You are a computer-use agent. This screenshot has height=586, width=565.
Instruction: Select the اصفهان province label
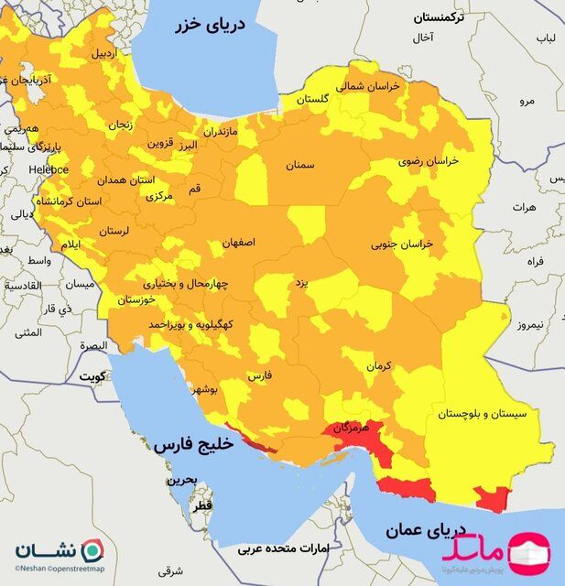(x=238, y=244)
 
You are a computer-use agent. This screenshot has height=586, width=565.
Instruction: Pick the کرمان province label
(x=379, y=366)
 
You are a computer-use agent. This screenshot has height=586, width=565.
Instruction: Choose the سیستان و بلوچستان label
(x=483, y=414)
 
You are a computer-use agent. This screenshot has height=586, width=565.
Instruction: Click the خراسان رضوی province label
(x=429, y=160)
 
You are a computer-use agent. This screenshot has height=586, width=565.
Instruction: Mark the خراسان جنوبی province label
(x=401, y=244)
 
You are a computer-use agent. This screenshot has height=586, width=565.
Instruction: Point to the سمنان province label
(x=299, y=166)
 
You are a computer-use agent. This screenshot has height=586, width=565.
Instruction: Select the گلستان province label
(x=313, y=99)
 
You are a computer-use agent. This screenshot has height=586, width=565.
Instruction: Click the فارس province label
(x=261, y=375)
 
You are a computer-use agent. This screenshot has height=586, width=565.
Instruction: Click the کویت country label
(x=92, y=376)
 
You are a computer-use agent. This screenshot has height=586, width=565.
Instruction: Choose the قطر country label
(x=201, y=505)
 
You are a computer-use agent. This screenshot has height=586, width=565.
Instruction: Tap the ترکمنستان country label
(x=440, y=17)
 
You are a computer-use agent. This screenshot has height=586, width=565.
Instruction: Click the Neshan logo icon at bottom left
(x=93, y=551)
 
